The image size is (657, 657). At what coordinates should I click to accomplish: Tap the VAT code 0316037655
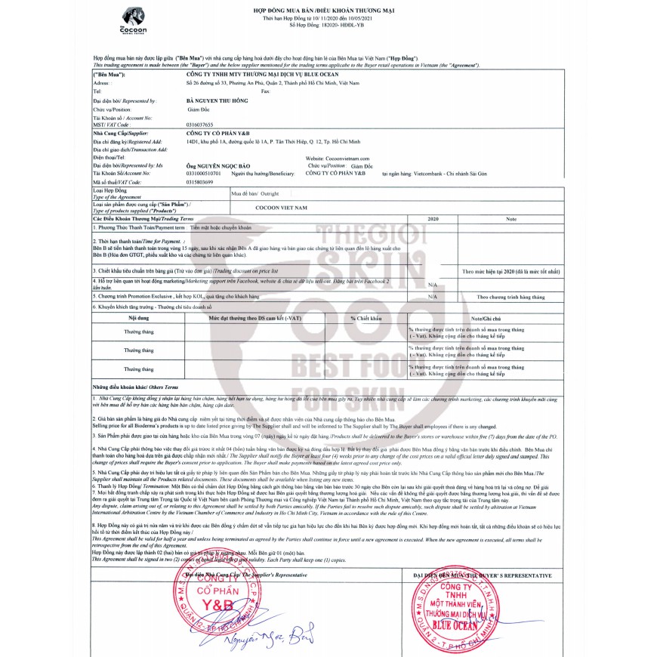[199, 123]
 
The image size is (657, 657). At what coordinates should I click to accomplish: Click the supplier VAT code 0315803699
[200, 182]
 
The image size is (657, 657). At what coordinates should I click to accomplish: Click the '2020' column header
[433, 217]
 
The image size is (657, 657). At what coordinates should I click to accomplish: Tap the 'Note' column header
[510, 217]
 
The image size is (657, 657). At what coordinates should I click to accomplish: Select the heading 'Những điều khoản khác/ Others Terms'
[135, 386]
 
